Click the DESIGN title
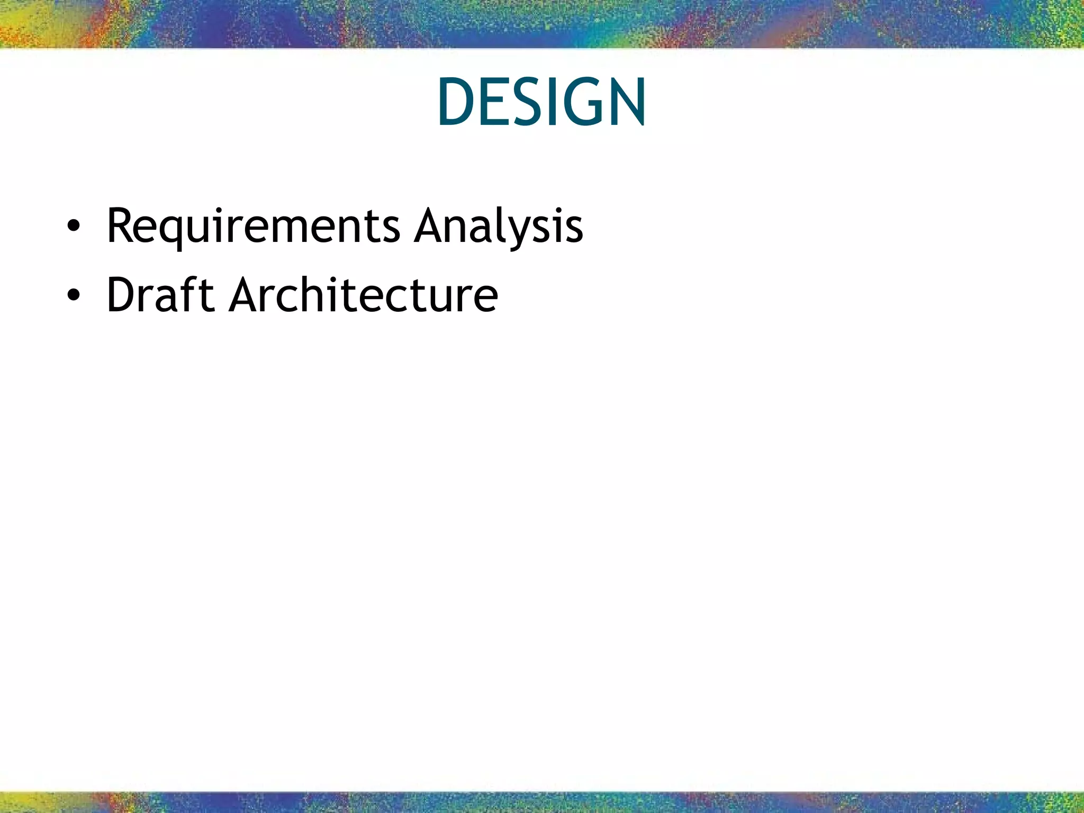[x=541, y=102]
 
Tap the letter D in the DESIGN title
[x=458, y=102]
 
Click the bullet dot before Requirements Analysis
[x=74, y=227]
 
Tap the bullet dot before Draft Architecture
[x=74, y=295]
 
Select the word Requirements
[x=253, y=227]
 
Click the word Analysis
[x=499, y=227]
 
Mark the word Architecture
[x=364, y=295]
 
